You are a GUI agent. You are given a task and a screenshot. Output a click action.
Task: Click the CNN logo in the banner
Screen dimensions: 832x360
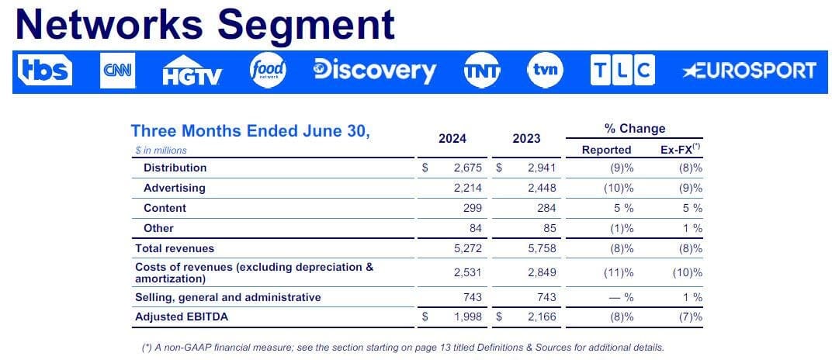(x=118, y=71)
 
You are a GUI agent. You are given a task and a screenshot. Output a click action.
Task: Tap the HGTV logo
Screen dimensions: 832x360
(x=192, y=71)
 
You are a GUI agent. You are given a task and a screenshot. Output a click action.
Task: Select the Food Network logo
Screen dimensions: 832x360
(x=268, y=71)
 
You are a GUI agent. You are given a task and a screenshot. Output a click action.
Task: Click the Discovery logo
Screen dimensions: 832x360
(x=375, y=71)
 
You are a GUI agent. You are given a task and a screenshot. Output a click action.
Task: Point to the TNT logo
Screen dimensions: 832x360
(x=482, y=71)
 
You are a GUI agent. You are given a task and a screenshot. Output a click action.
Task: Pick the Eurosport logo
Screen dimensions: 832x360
(x=749, y=71)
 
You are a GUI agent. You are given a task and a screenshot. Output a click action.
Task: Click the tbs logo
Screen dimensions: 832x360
(x=45, y=71)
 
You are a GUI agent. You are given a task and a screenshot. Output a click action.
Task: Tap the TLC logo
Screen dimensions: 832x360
(x=622, y=71)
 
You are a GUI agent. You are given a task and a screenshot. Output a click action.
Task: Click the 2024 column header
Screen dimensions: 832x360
(x=452, y=139)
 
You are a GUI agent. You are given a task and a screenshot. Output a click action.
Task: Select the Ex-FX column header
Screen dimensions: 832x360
(x=678, y=150)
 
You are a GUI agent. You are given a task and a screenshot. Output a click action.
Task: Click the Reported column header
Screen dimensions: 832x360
(x=606, y=150)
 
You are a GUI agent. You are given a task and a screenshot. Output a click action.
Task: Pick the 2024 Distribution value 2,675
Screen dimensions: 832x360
(x=467, y=168)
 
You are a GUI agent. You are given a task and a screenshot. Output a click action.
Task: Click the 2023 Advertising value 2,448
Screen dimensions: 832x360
(x=542, y=189)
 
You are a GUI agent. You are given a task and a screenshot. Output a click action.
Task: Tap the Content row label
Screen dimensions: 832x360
(x=165, y=209)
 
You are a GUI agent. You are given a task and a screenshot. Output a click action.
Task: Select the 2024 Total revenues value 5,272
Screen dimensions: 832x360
(x=467, y=248)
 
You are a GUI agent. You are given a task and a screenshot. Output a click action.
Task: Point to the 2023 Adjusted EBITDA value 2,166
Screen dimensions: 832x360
(x=542, y=317)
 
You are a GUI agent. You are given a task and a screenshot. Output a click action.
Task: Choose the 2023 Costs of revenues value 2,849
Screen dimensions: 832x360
(x=542, y=273)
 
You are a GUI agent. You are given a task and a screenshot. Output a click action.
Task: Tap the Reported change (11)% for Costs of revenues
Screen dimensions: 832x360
(x=619, y=273)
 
